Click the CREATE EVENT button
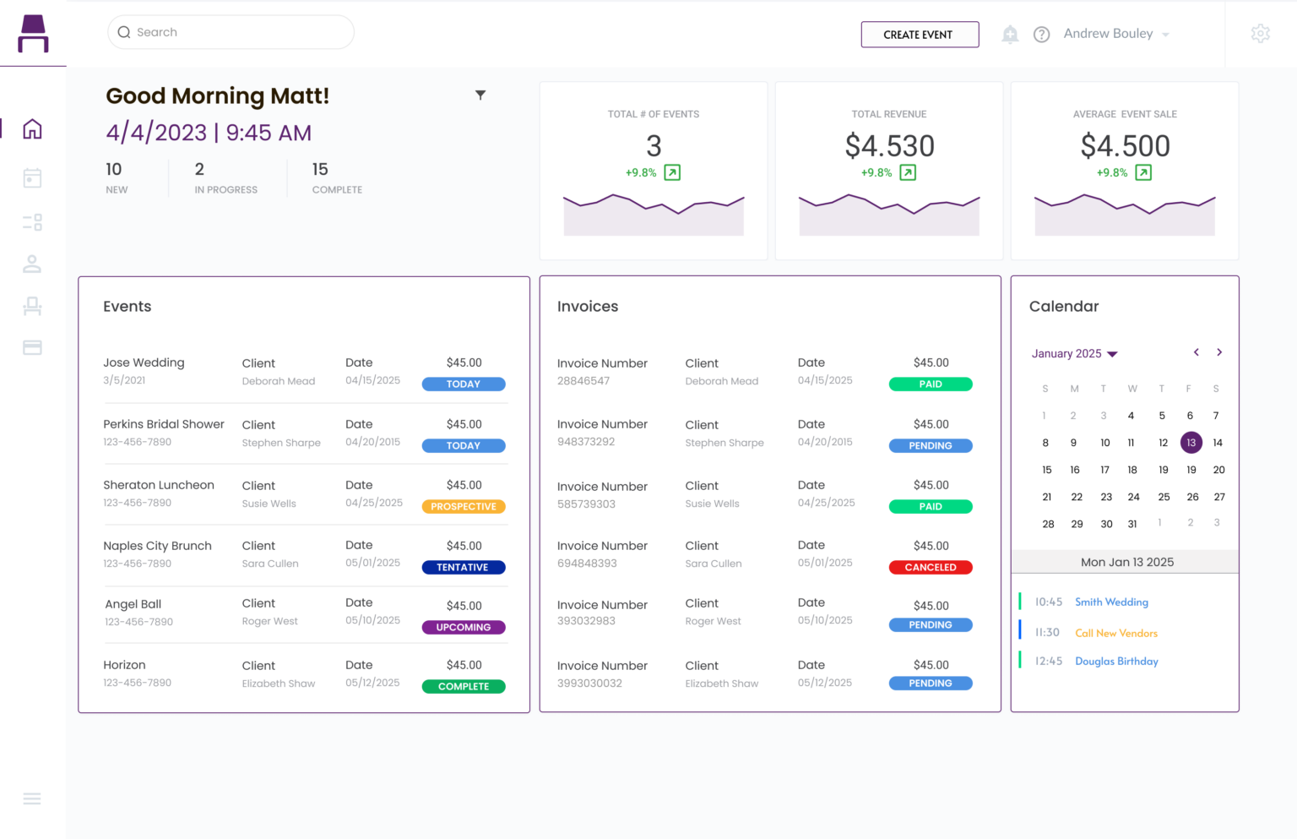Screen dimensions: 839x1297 tap(919, 35)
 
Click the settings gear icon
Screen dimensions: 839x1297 tap(1260, 34)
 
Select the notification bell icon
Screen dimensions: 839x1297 tap(1010, 35)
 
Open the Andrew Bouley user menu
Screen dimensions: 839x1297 tap(1115, 34)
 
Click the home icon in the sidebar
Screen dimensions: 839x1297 tap(32, 129)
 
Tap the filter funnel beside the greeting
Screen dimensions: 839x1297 tap(480, 95)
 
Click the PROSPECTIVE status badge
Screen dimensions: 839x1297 tap(464, 507)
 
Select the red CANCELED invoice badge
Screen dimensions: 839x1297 tap(930, 568)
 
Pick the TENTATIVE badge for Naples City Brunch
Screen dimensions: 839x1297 tap(463, 568)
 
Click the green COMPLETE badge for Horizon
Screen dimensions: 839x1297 tap(463, 687)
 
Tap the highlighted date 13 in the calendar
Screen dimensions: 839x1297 tap(1191, 443)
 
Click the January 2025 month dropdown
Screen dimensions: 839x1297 tap(1074, 354)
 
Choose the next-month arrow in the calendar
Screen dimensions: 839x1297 tap(1218, 352)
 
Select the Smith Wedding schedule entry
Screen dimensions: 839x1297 tap(1110, 602)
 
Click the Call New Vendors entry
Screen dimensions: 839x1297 tap(1115, 633)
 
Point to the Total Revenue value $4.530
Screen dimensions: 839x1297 tap(889, 146)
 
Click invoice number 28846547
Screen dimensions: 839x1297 tap(583, 381)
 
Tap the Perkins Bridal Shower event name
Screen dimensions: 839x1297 tap(164, 424)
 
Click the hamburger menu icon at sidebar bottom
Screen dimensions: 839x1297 tap(32, 799)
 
